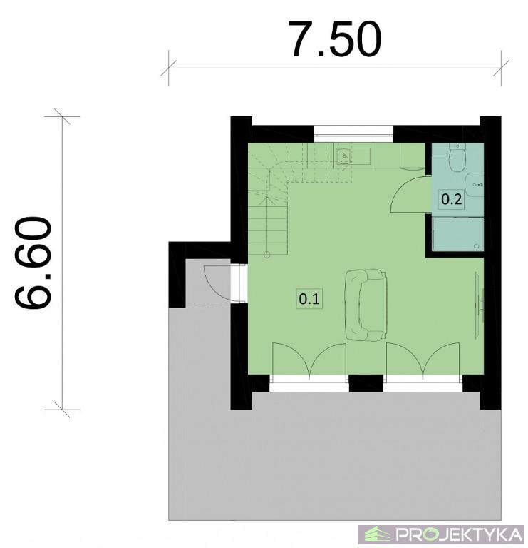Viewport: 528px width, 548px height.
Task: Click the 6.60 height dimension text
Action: point(33,263)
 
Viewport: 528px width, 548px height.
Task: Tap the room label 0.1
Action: point(309,299)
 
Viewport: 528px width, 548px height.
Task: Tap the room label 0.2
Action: point(451,200)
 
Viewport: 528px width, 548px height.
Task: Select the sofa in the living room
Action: point(366,305)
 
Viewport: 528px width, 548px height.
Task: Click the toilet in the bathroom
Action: point(457,157)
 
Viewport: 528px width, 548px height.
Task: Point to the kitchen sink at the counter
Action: point(344,156)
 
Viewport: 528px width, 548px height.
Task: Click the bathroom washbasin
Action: point(475,185)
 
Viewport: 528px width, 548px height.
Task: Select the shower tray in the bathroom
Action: point(458,234)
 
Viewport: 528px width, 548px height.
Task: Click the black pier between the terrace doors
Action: point(366,383)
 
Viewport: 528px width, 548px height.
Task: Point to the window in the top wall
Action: point(353,134)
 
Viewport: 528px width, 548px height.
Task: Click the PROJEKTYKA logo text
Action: point(460,534)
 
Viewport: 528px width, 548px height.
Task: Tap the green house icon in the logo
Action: point(377,534)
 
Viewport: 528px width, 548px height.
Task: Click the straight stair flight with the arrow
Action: point(268,225)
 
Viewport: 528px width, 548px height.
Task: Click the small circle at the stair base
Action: point(267,255)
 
